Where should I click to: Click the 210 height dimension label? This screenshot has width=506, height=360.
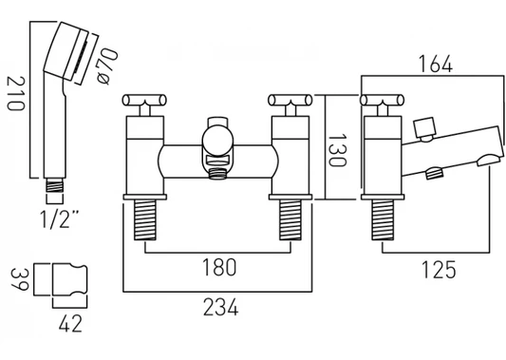pyautogui.click(x=15, y=94)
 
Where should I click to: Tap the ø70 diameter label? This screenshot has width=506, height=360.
pyautogui.click(x=108, y=66)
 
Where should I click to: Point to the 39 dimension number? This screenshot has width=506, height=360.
pyautogui.click(x=20, y=279)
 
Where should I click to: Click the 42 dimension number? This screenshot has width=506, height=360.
pyautogui.click(x=70, y=323)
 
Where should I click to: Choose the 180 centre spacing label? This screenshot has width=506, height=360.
pyautogui.click(x=219, y=268)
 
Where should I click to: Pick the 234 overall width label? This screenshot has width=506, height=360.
pyautogui.click(x=221, y=307)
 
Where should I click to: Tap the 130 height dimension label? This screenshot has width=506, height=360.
pyautogui.click(x=337, y=150)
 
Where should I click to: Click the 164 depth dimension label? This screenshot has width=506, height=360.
pyautogui.click(x=436, y=65)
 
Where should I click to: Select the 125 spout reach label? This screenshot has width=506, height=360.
pyautogui.click(x=440, y=270)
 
